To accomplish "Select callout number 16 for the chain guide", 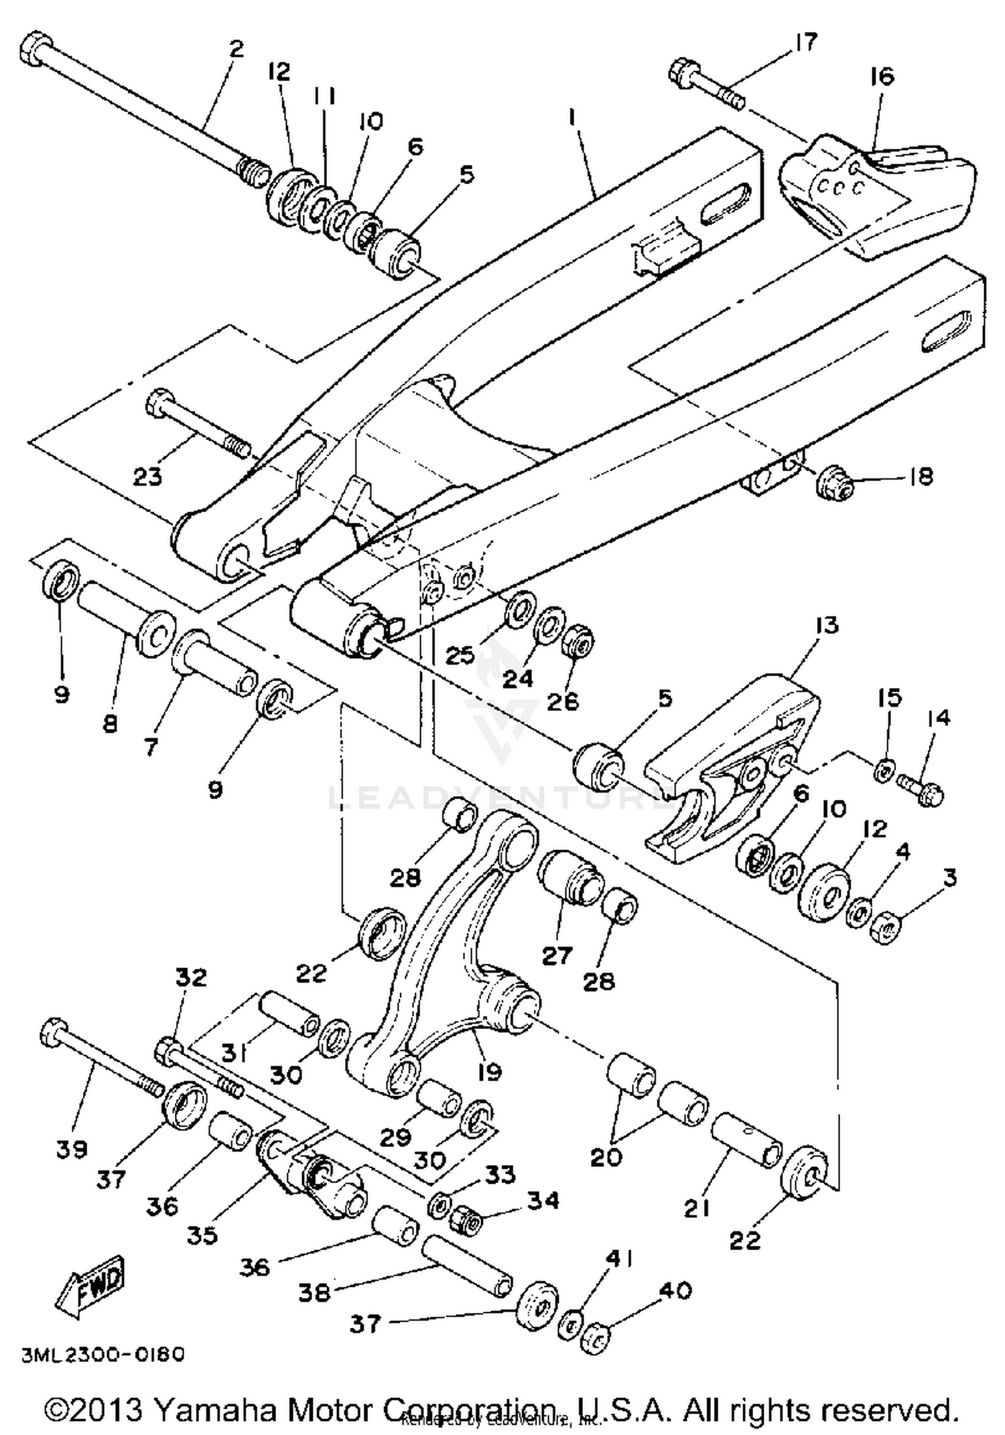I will click(883, 77).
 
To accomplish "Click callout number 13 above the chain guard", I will click(827, 626).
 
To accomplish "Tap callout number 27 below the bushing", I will click(557, 955).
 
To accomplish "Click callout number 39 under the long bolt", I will click(72, 1150).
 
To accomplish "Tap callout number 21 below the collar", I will click(696, 1209).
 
